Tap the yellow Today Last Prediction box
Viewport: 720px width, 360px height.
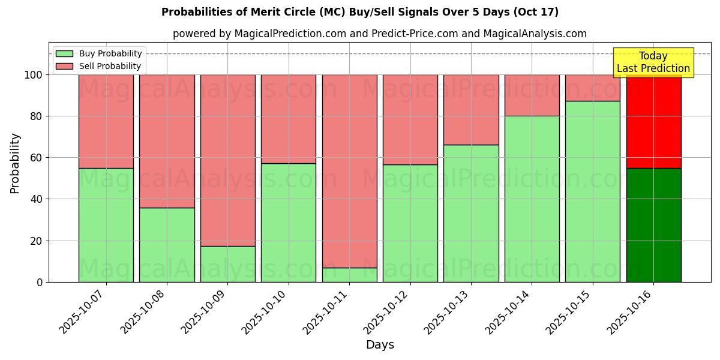[x=653, y=62]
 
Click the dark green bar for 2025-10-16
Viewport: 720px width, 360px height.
[x=653, y=225]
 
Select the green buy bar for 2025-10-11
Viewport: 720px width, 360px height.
[x=349, y=275]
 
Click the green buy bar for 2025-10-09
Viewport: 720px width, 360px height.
[x=227, y=264]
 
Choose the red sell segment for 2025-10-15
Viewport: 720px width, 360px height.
[x=592, y=88]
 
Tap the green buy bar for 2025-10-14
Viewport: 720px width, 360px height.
[x=532, y=199]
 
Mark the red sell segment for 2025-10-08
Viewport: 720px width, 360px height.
[x=167, y=141]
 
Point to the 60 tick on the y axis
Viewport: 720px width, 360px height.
[x=35, y=158]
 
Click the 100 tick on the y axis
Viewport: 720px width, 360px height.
[x=32, y=75]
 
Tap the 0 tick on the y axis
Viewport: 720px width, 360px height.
[x=39, y=282]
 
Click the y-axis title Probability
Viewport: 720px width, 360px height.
[x=15, y=163]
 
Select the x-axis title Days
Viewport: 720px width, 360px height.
[x=380, y=345]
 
